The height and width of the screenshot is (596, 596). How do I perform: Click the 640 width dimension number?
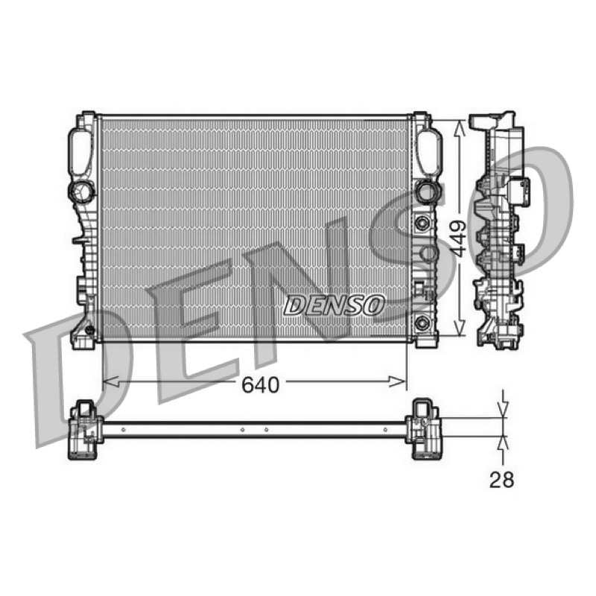pos(261,384)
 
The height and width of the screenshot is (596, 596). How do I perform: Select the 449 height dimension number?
pos(457,239)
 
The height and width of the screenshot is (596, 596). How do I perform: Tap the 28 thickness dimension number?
pos(501,480)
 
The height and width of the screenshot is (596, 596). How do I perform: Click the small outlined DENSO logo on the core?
pos(334,305)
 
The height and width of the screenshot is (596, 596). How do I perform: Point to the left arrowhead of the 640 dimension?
pos(111,381)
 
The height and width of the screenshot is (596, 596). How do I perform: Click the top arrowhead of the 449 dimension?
pos(460,128)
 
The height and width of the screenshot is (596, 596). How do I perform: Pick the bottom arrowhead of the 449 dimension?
pos(460,328)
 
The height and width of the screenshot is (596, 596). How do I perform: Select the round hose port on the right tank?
pos(428,191)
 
